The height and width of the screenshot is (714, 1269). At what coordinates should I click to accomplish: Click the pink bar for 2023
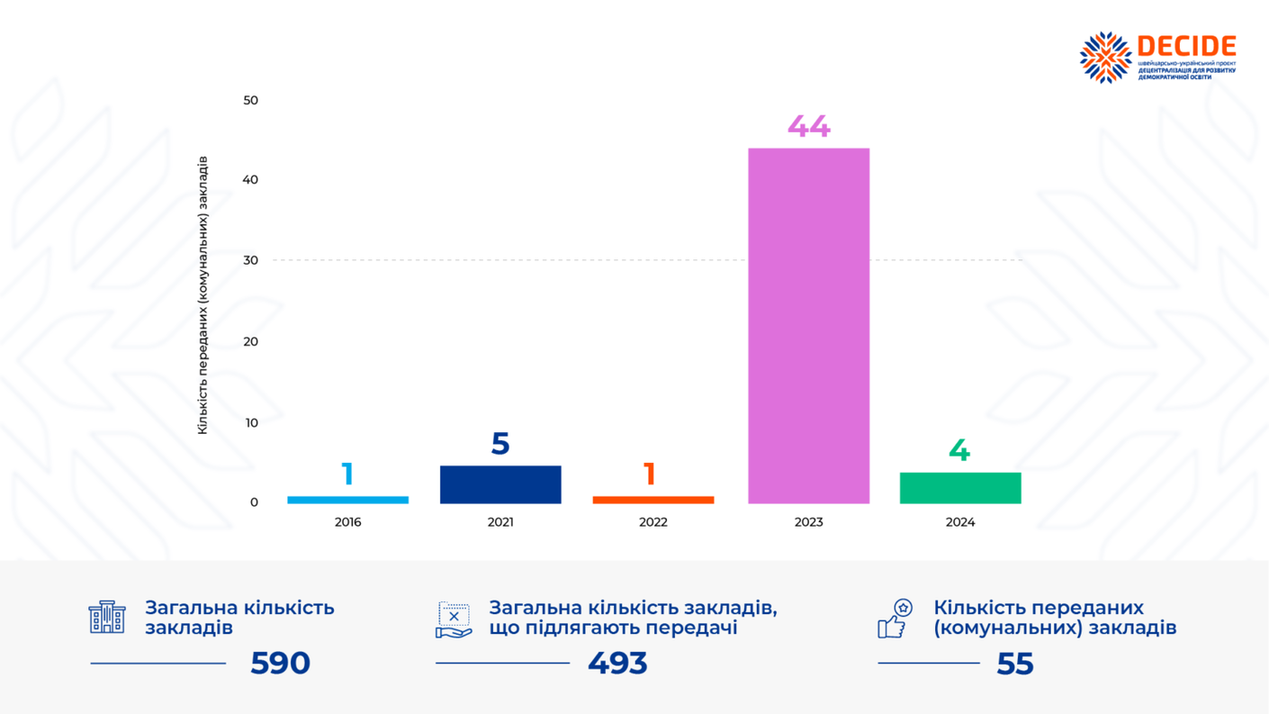tap(808, 325)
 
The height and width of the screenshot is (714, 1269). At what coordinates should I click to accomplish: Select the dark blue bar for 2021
tap(500, 484)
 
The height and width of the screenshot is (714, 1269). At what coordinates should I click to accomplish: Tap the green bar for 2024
tap(960, 488)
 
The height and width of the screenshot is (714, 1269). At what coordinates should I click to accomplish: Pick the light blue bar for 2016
tap(347, 500)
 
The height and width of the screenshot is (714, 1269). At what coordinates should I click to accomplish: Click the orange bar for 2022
tap(652, 500)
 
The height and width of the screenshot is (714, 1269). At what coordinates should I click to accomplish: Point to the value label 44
tap(808, 127)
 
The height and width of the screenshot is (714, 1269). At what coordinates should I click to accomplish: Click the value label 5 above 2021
tap(500, 444)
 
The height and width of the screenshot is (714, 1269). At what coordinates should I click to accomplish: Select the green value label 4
tap(959, 450)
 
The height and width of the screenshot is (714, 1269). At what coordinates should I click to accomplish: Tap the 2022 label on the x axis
tap(652, 522)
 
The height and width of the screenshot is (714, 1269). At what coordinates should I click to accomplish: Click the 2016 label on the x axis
tap(347, 522)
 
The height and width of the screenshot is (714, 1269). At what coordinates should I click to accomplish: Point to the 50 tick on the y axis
tap(250, 100)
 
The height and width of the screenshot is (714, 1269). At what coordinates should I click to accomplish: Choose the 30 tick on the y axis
tap(250, 260)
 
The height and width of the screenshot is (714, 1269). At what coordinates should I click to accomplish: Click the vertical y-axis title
tap(202, 295)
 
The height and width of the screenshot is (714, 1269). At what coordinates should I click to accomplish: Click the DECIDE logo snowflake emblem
tap(1105, 58)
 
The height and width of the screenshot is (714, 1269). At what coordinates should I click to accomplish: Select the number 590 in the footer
tap(280, 664)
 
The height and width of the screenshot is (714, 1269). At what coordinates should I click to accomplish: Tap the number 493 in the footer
tap(617, 664)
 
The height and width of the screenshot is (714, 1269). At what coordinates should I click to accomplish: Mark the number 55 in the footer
tap(1014, 664)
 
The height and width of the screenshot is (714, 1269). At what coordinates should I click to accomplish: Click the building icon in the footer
tap(107, 617)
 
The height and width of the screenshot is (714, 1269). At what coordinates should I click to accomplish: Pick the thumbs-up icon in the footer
tap(895, 619)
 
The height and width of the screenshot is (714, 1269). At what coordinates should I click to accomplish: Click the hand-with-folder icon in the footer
tap(454, 620)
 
